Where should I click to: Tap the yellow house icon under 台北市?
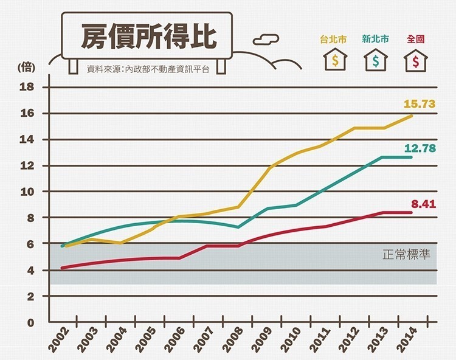(334, 61)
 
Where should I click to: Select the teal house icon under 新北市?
(375, 61)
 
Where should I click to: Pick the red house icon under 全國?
(416, 61)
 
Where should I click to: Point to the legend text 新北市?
(375, 39)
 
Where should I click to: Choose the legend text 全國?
(416, 39)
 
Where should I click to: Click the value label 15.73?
(420, 104)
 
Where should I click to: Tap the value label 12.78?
(420, 148)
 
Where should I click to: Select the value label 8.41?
(424, 204)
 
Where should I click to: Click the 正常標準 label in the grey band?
(406, 254)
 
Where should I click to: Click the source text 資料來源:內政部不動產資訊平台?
(148, 69)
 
